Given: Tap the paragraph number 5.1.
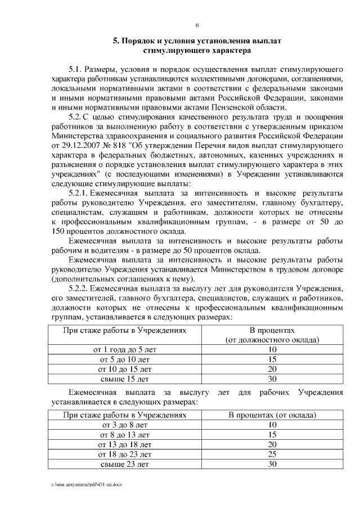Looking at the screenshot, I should coord(75,69).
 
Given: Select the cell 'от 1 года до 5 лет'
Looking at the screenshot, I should coord(124,349).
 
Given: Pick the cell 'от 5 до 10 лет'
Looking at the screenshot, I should coord(124,359).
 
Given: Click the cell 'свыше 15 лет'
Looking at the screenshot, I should coord(124,379).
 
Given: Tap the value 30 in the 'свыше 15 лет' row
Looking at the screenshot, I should coord(272,379).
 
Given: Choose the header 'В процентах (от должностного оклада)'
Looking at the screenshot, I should coord(272,335).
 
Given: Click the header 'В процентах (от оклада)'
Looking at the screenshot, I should coord(272,415).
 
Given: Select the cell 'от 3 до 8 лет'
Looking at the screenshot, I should coord(124,425).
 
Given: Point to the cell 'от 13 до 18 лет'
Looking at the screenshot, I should coord(124,444).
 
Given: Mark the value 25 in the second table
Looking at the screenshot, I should coord(272,454).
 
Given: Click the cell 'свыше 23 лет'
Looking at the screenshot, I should coord(124,464).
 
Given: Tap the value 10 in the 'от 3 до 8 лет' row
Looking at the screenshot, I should coord(272,425).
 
